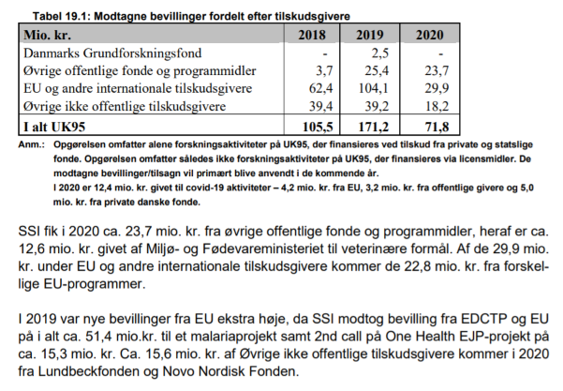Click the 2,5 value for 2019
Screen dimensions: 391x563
click(x=379, y=53)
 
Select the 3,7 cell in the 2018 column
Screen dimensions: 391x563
click(x=325, y=70)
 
